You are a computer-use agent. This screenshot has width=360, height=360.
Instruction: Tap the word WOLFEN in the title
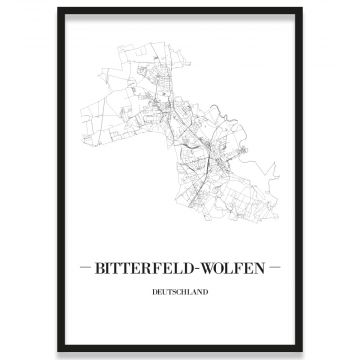coord(236,271)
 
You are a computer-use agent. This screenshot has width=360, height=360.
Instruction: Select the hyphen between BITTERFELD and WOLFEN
coord(202,271)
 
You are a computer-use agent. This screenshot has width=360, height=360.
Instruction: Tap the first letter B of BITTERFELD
coord(101,271)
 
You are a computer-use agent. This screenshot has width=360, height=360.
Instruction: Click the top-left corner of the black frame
coord(59,9)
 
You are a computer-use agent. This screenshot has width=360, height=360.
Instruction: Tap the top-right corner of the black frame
coord(301,9)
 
